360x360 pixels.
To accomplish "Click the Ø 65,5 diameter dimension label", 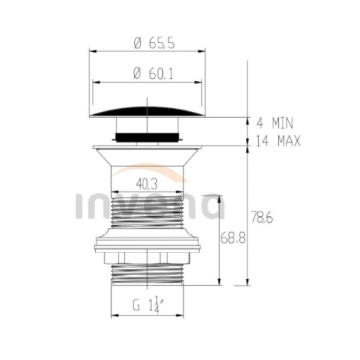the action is [154, 43].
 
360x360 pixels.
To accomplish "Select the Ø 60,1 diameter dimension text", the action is [153, 74].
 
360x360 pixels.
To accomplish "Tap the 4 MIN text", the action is [275, 123].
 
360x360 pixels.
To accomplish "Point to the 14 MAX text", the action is [278, 141].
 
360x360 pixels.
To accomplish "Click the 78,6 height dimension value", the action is [262, 218].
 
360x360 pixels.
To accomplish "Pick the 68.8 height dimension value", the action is [233, 238].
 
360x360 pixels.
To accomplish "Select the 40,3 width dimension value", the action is [147, 183].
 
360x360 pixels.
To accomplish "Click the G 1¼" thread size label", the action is [149, 305].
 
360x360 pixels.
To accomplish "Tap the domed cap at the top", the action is [147, 113].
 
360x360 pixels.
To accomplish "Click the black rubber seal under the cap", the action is [147, 137].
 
